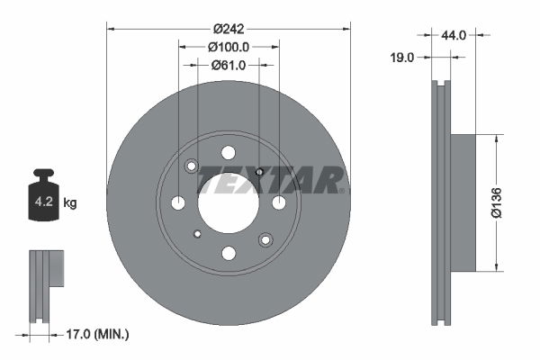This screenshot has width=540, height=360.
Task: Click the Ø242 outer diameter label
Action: [x=229, y=28]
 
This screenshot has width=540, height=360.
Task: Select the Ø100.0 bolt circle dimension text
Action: [x=229, y=46]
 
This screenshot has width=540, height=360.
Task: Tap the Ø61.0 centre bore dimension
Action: [x=229, y=65]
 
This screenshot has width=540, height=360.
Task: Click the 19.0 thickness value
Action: [x=402, y=57]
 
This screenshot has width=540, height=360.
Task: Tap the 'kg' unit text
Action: [x=70, y=203]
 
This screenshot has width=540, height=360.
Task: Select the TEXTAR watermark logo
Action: [x=270, y=180]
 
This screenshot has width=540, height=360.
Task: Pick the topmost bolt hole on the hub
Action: [x=229, y=152]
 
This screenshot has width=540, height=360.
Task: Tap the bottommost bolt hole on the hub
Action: [x=229, y=253]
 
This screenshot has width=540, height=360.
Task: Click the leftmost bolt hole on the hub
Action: [x=178, y=202]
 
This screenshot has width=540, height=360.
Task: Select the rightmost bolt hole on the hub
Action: [x=279, y=202]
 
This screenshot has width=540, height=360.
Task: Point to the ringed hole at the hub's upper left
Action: [x=192, y=166]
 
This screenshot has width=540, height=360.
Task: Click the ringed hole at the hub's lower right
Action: [x=265, y=239]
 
